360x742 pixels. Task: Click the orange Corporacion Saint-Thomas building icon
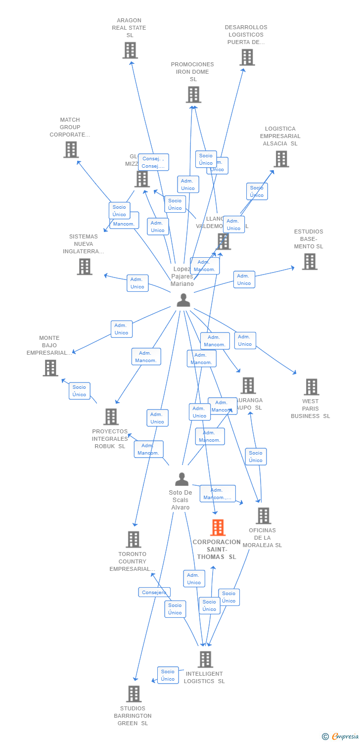click(218, 528)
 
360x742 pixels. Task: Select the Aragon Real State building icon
click(130, 50)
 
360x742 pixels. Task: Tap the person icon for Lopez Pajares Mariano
click(183, 300)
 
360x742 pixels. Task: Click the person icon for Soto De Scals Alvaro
click(181, 479)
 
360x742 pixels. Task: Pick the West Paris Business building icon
click(311, 387)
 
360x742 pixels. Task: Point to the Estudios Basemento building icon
click(310, 262)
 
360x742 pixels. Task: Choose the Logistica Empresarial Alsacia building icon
click(281, 159)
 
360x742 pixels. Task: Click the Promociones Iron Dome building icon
click(193, 94)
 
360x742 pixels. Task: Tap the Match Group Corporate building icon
click(71, 149)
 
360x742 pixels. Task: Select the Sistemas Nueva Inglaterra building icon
click(85, 267)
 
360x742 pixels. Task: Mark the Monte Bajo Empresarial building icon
click(50, 368)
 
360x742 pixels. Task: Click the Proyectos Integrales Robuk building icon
click(111, 417)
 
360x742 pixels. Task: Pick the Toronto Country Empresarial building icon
click(134, 539)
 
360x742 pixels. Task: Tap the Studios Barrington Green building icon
click(134, 694)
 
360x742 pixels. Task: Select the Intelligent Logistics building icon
click(205, 659)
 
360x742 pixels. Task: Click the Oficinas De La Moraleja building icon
click(263, 515)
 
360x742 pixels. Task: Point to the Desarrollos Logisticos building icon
click(247, 57)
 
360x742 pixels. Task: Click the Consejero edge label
click(154, 592)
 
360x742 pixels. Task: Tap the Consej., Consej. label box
click(153, 162)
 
